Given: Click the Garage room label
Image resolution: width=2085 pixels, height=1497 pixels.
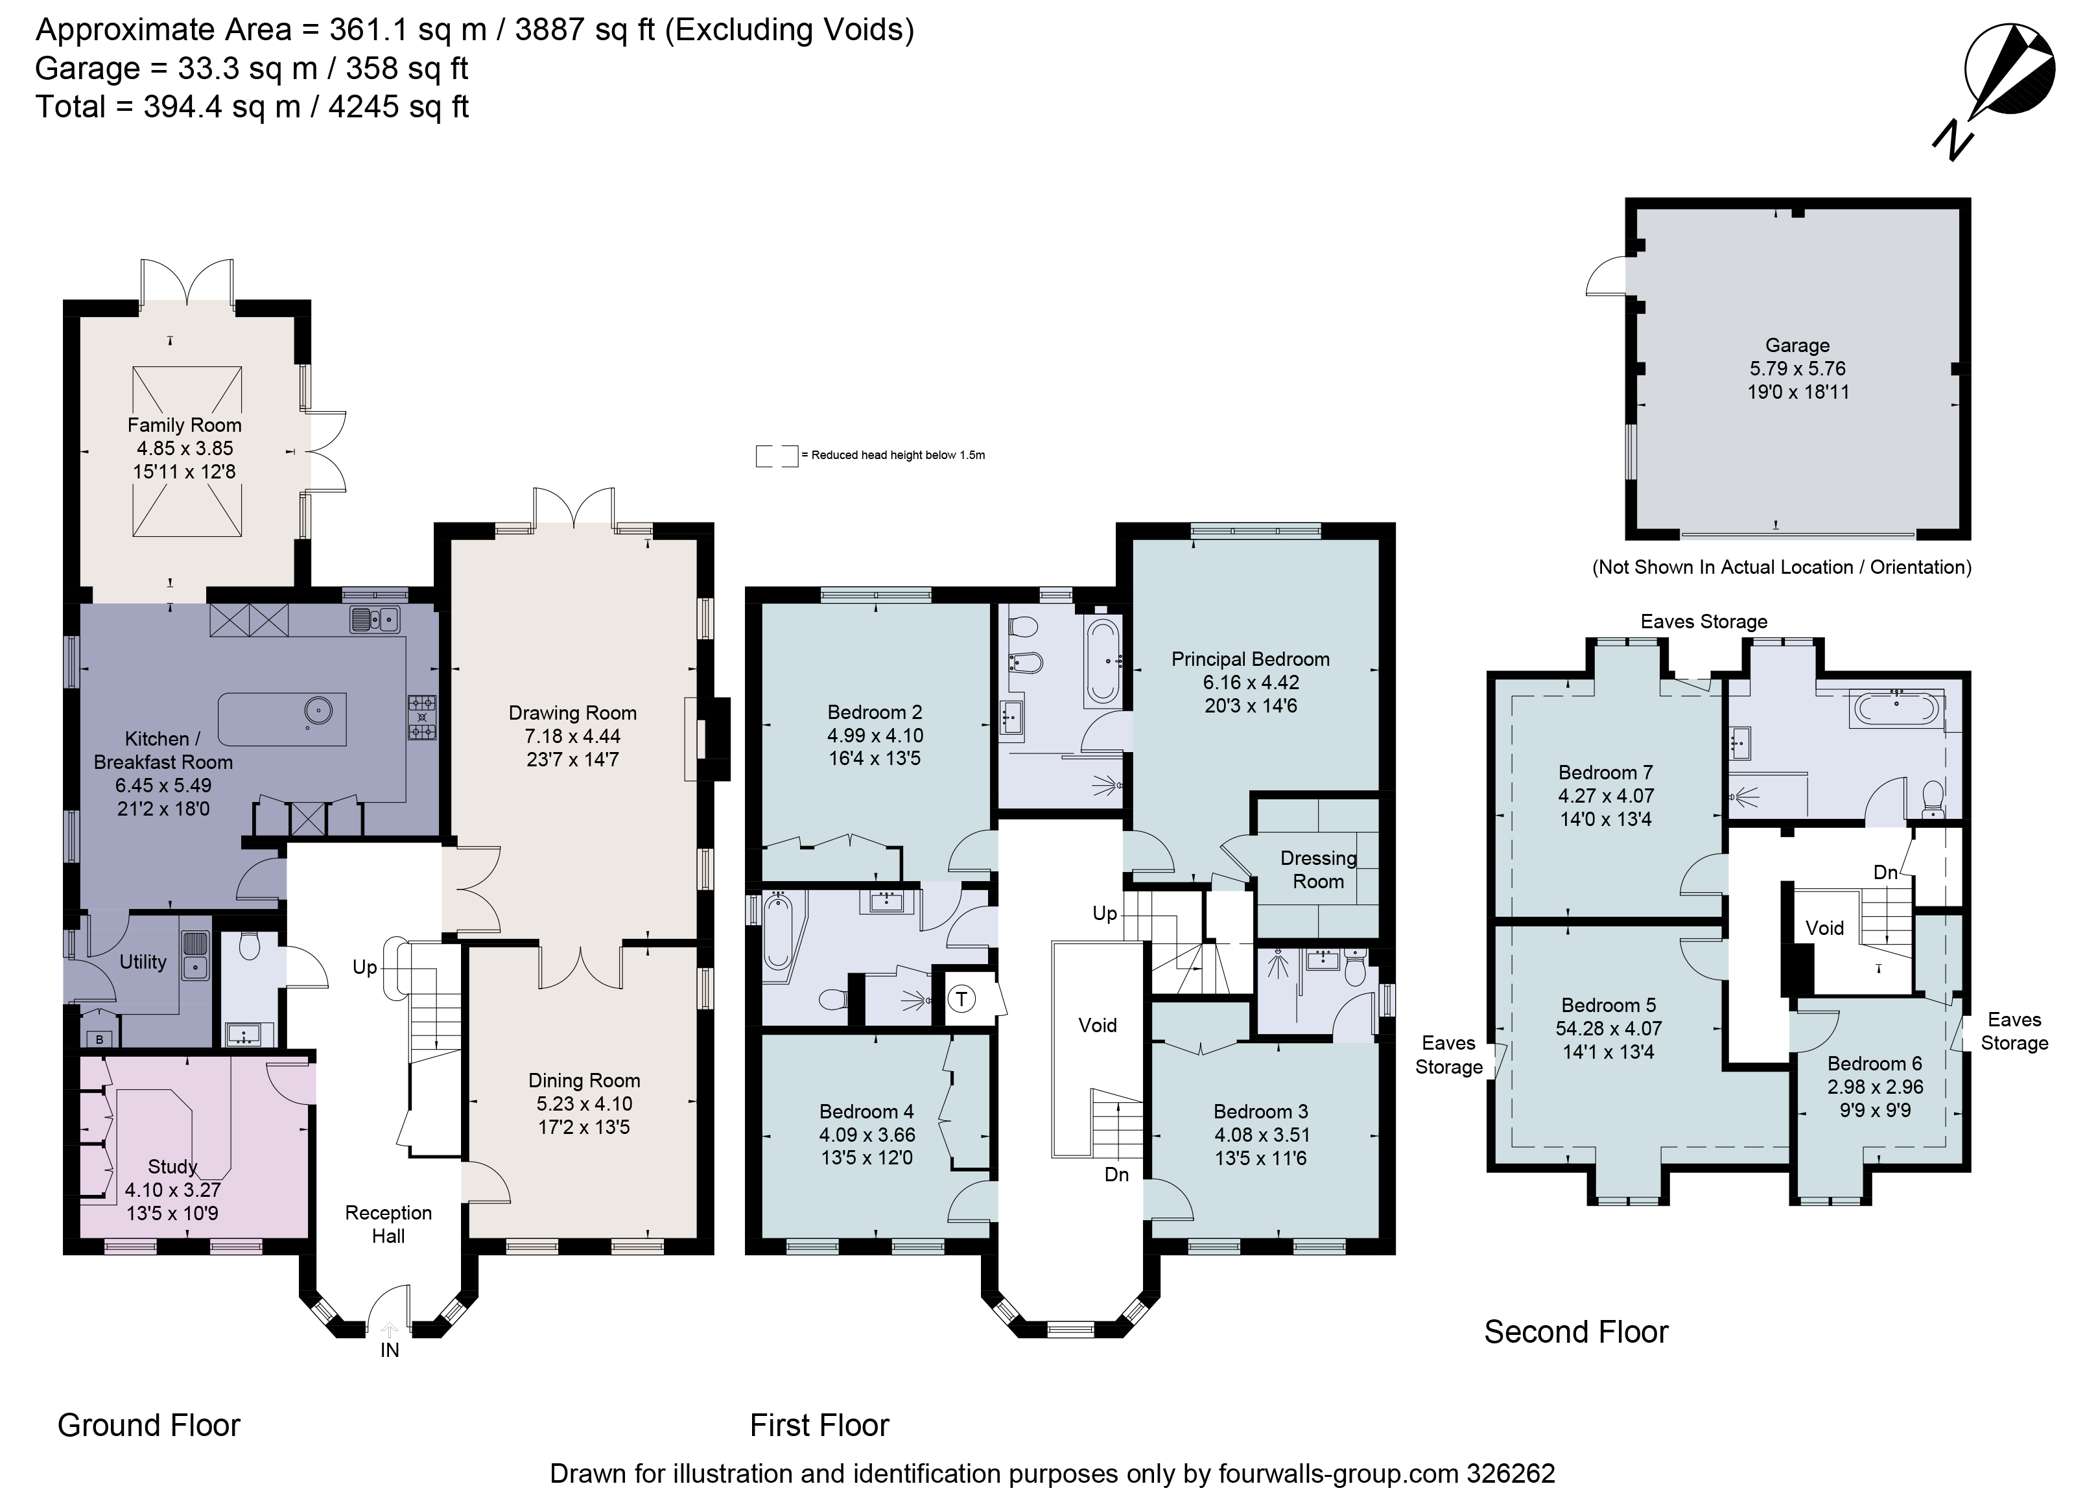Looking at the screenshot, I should pyautogui.click(x=1796, y=346).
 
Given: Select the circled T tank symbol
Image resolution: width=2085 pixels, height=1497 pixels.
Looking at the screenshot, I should pyautogui.click(x=961, y=998).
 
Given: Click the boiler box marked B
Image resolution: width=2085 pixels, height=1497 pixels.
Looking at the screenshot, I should pyautogui.click(x=99, y=1040).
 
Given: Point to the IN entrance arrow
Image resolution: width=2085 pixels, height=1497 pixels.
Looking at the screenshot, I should pyautogui.click(x=390, y=1334).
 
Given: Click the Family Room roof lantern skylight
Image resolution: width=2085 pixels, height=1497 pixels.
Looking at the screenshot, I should pyautogui.click(x=187, y=451).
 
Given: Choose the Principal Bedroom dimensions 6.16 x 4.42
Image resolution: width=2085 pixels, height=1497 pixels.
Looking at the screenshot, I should pyautogui.click(x=1250, y=682).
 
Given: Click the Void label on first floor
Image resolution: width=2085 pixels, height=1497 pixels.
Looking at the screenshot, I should pyautogui.click(x=1098, y=1025).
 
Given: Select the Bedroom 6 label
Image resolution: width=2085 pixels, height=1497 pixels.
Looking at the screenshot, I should pyautogui.click(x=1874, y=1064).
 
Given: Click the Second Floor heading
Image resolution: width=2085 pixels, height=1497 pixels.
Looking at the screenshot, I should pyautogui.click(x=1575, y=1332).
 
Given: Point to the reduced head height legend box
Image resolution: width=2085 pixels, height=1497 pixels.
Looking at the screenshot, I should pyautogui.click(x=776, y=455).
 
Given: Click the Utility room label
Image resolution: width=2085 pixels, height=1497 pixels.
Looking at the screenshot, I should pyautogui.click(x=143, y=962).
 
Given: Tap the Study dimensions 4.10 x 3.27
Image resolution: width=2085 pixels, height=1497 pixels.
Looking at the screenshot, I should pyautogui.click(x=173, y=1190).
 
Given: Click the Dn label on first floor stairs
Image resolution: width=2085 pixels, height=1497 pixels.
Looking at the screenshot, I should pyautogui.click(x=1116, y=1174).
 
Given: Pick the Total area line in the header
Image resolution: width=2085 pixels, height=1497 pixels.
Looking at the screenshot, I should pyautogui.click(x=252, y=107).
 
